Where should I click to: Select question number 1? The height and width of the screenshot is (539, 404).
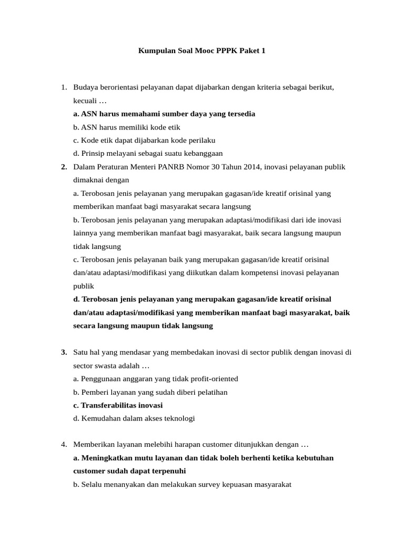coord(64,87)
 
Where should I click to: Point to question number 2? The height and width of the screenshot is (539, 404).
coord(64,167)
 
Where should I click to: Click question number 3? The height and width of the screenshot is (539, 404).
coord(64,352)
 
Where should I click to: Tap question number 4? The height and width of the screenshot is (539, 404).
coord(64,444)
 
